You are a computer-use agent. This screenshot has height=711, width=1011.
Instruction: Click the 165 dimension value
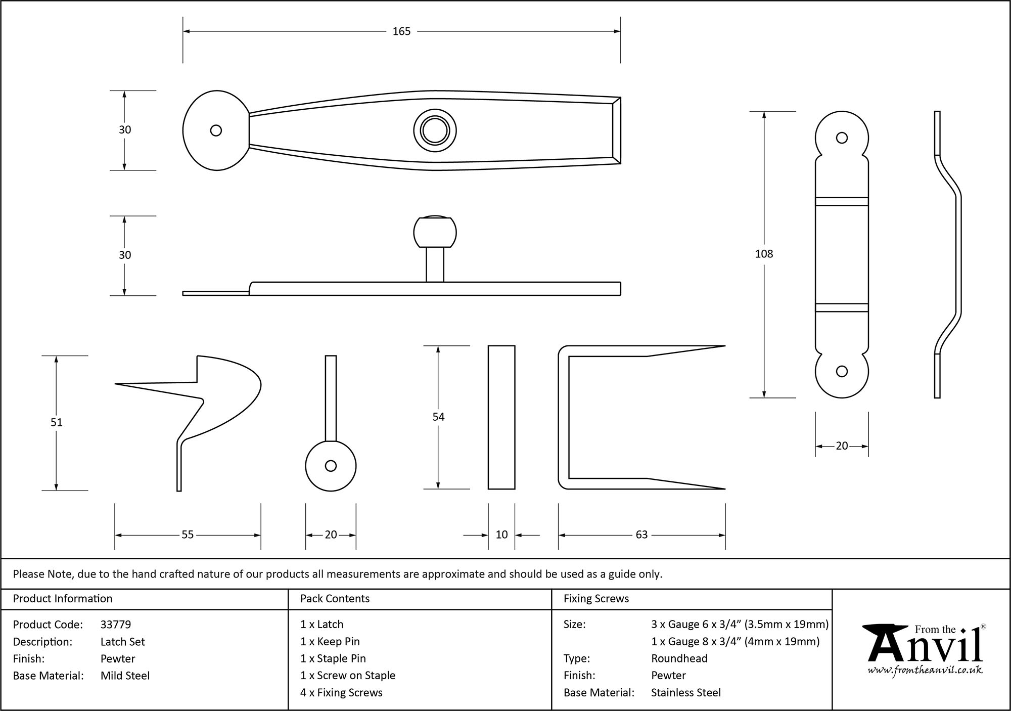tap(401, 31)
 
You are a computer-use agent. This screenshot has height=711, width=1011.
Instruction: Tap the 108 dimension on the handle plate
tap(764, 254)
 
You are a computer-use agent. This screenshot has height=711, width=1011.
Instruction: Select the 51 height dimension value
tap(56, 422)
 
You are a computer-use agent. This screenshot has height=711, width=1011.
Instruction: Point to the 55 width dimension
tap(188, 535)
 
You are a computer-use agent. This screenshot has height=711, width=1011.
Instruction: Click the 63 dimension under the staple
tap(641, 535)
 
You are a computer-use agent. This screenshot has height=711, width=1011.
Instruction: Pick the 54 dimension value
tap(438, 417)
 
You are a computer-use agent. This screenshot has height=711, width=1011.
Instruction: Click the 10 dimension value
tap(501, 535)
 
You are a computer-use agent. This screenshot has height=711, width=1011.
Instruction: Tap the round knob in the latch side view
tap(435, 233)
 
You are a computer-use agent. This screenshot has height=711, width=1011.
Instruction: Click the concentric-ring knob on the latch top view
tap(435, 131)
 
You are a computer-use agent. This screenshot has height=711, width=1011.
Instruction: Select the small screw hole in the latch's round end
tap(216, 130)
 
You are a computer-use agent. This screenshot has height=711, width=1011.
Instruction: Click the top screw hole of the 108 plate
tap(842, 138)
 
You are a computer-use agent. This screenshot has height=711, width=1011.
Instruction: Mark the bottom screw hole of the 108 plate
tap(842, 372)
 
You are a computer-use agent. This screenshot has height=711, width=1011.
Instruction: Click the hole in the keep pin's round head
tap(331, 466)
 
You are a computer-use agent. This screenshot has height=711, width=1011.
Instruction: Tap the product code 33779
tap(116, 625)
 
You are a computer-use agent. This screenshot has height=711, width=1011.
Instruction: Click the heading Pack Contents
tap(335, 599)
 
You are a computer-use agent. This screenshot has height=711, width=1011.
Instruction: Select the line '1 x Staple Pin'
tap(333, 658)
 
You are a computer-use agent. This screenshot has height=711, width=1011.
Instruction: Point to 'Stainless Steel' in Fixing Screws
tap(685, 693)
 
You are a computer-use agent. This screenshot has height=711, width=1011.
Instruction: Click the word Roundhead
tap(679, 658)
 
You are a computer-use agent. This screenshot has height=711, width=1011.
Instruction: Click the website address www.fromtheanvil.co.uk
tap(925, 671)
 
